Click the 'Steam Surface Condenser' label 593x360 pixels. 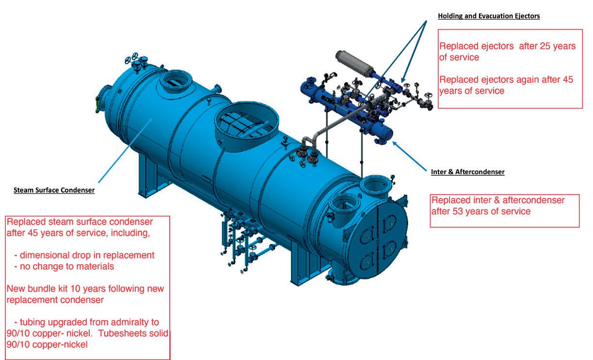click(54, 190)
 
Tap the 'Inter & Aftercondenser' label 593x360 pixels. click(467, 172)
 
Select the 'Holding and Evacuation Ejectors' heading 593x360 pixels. click(488, 16)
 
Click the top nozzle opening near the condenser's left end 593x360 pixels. click(176, 80)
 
